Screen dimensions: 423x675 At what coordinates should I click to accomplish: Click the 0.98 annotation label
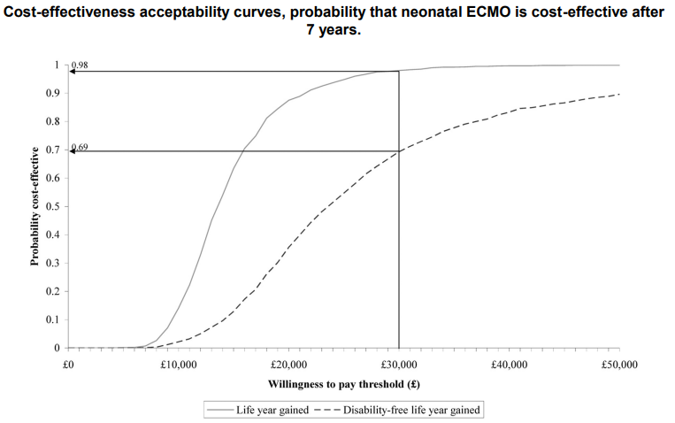[81, 65]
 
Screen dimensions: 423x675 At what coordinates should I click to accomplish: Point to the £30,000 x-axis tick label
[399, 364]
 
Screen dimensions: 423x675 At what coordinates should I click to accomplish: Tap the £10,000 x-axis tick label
[179, 364]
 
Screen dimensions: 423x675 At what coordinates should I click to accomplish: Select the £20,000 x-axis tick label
[288, 364]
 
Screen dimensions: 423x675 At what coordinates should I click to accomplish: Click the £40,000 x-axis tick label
[510, 364]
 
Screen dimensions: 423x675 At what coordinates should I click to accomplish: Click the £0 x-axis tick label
[69, 364]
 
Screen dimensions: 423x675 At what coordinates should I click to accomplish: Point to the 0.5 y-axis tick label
[54, 206]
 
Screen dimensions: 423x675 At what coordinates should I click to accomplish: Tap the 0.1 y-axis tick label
[54, 319]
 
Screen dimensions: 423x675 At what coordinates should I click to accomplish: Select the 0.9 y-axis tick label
[54, 93]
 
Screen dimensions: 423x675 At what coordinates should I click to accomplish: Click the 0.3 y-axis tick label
[54, 263]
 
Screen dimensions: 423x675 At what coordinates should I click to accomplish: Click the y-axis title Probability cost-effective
[35, 206]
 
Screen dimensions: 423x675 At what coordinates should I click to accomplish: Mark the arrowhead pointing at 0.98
[73, 71]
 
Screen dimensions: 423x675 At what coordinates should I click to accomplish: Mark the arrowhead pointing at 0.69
[73, 151]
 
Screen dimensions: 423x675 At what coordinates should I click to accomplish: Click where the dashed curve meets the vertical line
[399, 151]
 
